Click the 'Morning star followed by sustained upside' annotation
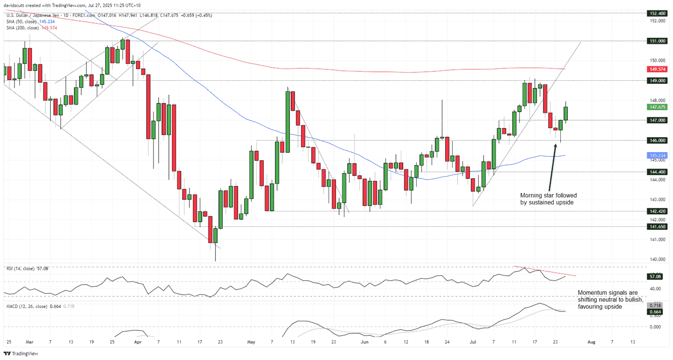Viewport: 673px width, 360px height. (x=548, y=199)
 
